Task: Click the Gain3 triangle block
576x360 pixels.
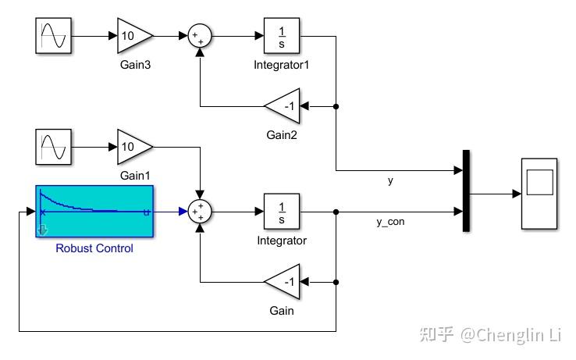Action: point(134,36)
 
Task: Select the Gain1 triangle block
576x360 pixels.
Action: point(134,147)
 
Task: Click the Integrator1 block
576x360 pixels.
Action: point(282,36)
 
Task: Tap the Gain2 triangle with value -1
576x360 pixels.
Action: point(282,106)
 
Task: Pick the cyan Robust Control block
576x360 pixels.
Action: point(94,211)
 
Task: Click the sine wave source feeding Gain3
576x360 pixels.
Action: point(54,36)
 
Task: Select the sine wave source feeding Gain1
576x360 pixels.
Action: point(54,147)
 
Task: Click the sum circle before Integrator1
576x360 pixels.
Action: point(201,36)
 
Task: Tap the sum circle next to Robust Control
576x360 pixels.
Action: point(201,211)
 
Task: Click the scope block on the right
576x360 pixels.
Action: point(539,193)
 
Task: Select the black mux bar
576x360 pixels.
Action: point(466,191)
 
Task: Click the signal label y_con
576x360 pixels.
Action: point(390,222)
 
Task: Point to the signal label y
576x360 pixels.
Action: point(390,180)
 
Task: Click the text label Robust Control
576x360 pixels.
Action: point(94,248)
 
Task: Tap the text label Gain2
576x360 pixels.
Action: point(282,135)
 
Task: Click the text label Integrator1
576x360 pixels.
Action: point(282,65)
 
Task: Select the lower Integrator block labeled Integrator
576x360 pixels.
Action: point(282,211)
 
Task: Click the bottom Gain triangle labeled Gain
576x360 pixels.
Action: point(282,281)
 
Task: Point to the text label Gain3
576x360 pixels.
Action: point(135,65)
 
